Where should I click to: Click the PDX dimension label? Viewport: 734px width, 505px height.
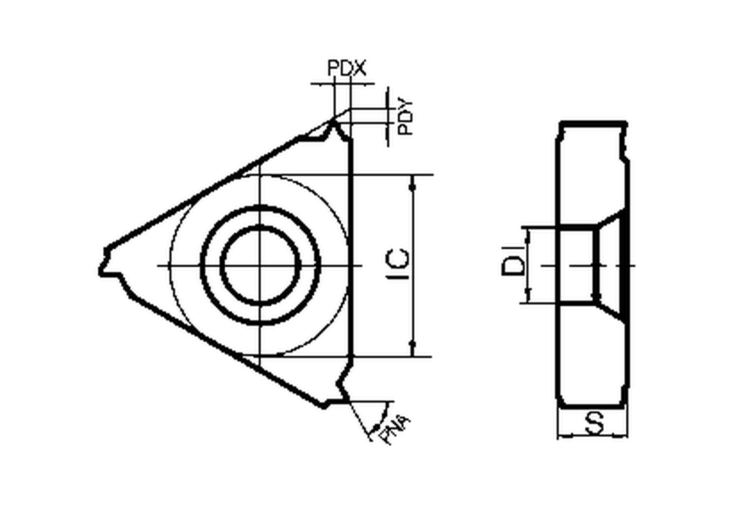(347, 68)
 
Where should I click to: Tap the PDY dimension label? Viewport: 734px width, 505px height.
(406, 116)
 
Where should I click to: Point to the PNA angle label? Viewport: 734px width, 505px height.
(395, 430)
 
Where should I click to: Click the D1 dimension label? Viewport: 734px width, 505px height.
(513, 266)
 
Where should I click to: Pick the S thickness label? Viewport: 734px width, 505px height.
(595, 423)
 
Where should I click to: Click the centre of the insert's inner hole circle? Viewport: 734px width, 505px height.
(260, 266)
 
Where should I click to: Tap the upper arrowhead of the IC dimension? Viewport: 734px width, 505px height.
(413, 186)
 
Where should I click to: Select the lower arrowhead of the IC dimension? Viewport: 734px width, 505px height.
(413, 344)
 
